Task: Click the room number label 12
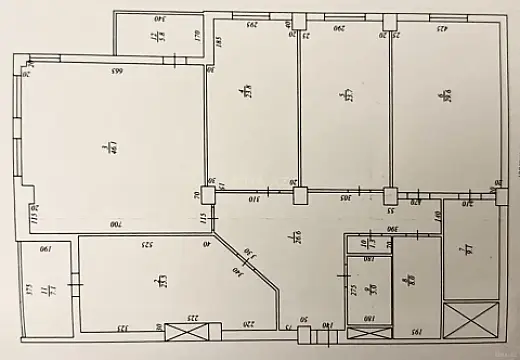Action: pyautogui.click(x=154, y=36)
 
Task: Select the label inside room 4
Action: pyautogui.click(x=246, y=94)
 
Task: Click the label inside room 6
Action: pyautogui.click(x=442, y=94)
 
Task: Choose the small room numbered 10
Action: pyautogui.click(x=367, y=243)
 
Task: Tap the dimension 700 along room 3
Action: pyautogui.click(x=116, y=226)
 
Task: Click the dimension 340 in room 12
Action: pyautogui.click(x=158, y=19)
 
